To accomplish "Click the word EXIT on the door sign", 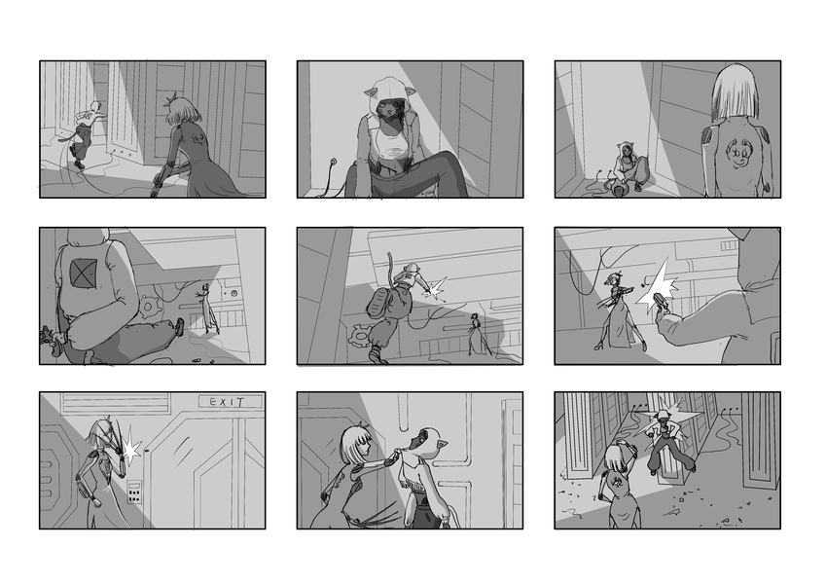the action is point(227,402).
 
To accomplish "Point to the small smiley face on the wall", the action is point(233,293).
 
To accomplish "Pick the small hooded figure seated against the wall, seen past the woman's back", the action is point(626,168).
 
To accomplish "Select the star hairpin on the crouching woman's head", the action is point(173,99).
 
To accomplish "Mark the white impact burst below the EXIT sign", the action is point(130,449).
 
